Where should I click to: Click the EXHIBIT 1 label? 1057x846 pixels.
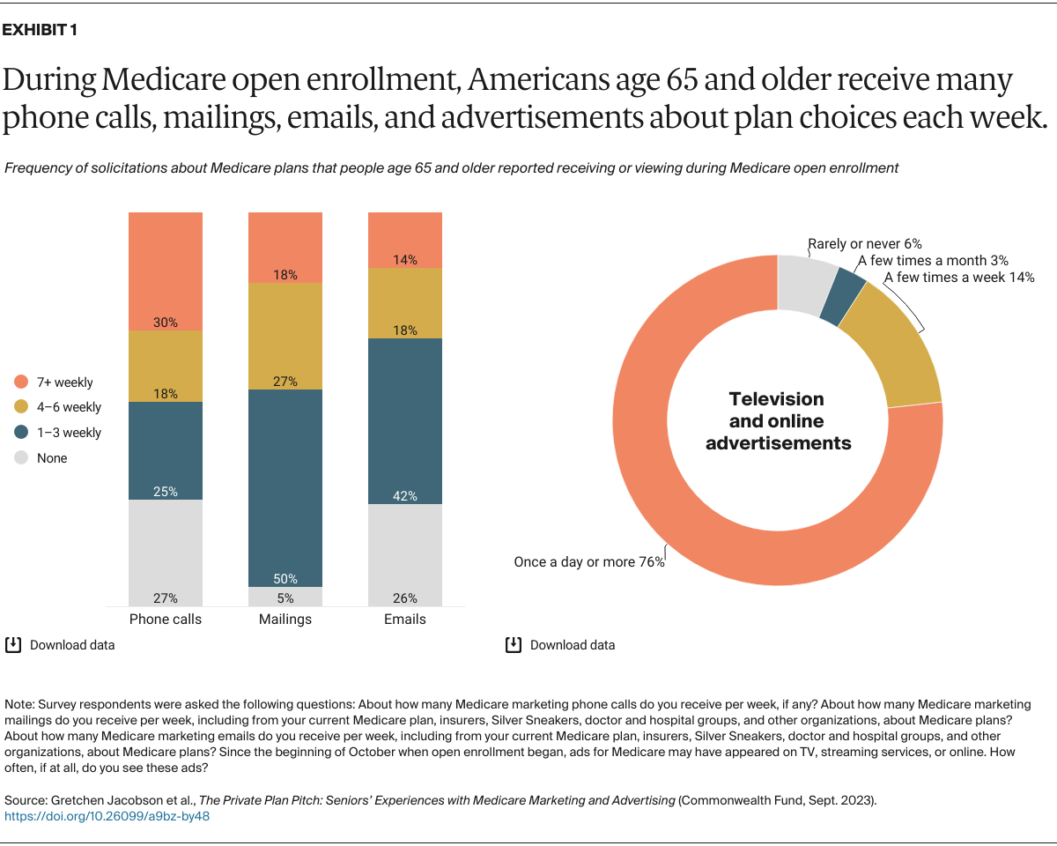click(x=40, y=30)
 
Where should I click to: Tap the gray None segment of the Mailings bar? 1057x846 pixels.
click(x=285, y=597)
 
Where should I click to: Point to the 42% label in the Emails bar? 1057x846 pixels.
click(x=405, y=496)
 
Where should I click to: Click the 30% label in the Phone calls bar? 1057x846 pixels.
click(x=166, y=323)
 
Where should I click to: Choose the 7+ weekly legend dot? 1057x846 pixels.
click(x=22, y=382)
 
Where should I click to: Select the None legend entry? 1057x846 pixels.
click(x=52, y=458)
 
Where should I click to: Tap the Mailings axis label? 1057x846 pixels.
click(x=285, y=620)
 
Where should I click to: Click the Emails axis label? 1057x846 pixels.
click(x=405, y=620)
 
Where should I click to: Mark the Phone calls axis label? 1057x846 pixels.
click(x=166, y=620)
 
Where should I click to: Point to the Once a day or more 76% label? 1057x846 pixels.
click(x=588, y=561)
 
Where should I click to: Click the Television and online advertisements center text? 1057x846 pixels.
click(x=778, y=421)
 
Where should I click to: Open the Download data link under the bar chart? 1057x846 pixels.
click(x=72, y=645)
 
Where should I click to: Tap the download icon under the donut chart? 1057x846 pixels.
click(x=513, y=645)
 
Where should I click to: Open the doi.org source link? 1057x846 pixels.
click(x=107, y=816)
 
